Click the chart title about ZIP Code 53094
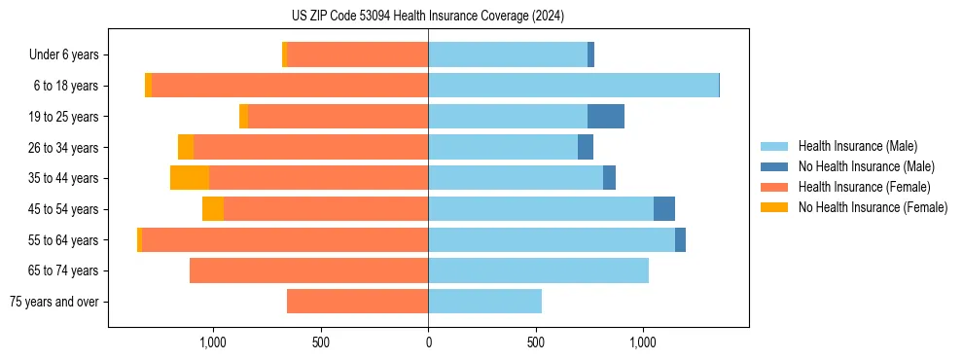tap(427, 17)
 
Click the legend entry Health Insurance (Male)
tap(857, 146)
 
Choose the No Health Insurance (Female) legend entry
tap(873, 207)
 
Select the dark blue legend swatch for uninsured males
tap(774, 166)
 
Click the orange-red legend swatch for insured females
tap(774, 187)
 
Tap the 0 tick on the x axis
tap(428, 342)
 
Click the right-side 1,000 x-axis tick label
tap(643, 342)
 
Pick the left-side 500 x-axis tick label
tap(321, 342)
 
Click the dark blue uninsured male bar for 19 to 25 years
tap(606, 117)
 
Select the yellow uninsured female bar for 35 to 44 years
tap(190, 178)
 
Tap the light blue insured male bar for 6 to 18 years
tap(573, 86)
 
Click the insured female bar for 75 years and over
tap(357, 302)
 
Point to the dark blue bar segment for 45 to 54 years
tap(664, 209)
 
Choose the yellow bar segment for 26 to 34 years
tap(186, 148)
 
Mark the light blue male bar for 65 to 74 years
tap(538, 270)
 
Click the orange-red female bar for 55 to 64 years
tap(285, 240)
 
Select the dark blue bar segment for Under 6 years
tap(591, 55)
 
